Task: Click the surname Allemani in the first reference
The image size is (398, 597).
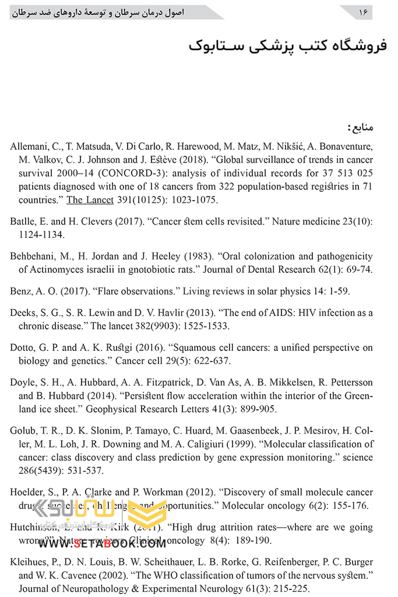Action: (29, 146)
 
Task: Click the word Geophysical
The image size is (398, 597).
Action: (115, 409)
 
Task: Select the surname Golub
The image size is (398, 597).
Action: (23, 431)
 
